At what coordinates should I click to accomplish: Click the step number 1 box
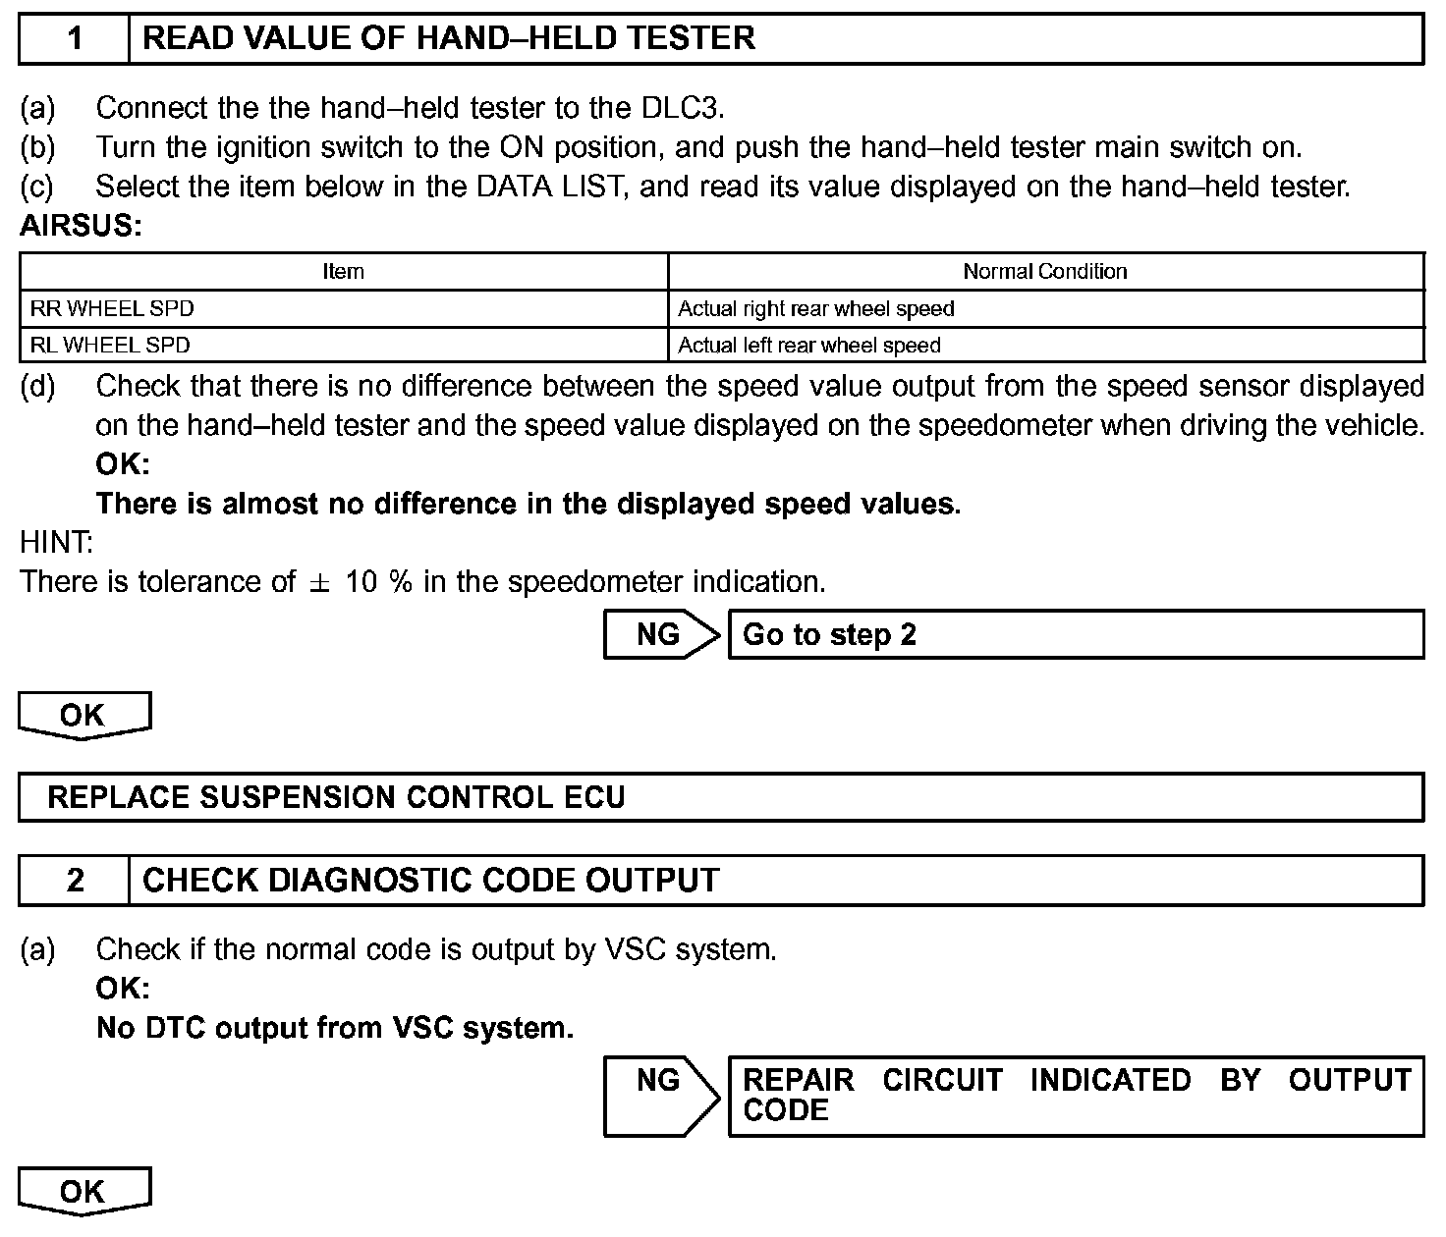pos(75,39)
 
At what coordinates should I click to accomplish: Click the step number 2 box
pos(75,881)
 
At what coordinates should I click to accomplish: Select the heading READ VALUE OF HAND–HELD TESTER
pos(449,39)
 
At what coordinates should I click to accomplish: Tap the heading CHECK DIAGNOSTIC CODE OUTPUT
pos(431,881)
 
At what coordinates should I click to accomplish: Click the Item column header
pos(343,272)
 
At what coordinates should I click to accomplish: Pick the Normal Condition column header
pos(1045,272)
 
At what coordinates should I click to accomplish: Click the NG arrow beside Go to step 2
pos(660,635)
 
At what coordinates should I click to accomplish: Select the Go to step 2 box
pos(1076,635)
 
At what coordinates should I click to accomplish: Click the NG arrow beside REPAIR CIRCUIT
pos(660,1095)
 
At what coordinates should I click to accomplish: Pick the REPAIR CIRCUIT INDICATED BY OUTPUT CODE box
pos(1076,1096)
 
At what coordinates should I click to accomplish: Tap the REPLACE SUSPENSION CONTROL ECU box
pos(721,797)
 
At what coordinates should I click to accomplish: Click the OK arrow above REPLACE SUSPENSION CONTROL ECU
pos(83,716)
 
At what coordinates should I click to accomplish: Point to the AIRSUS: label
pos(82,227)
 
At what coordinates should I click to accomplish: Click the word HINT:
pos(57,542)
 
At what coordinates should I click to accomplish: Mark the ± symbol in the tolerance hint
pos(319,582)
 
